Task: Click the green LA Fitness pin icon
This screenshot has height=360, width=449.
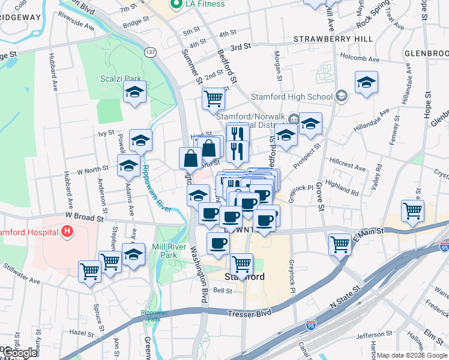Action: pyautogui.click(x=176, y=5)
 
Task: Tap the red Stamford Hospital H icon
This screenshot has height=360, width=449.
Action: pyautogui.click(x=67, y=230)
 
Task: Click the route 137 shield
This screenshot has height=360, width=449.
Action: pyautogui.click(x=150, y=53)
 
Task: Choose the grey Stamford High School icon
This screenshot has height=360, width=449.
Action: pyautogui.click(x=341, y=96)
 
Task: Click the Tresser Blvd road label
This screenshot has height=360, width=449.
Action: pyautogui.click(x=249, y=313)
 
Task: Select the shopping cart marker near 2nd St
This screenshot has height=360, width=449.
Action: pyautogui.click(x=213, y=98)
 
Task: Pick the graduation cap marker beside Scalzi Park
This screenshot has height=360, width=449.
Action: pyautogui.click(x=134, y=93)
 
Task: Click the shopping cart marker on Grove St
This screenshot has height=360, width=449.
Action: pyautogui.click(x=340, y=244)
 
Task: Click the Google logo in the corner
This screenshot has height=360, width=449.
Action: pyautogui.click(x=19, y=353)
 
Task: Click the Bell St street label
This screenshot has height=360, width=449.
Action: pyautogui.click(x=223, y=290)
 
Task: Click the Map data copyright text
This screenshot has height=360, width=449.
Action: pyautogui.click(x=412, y=355)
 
